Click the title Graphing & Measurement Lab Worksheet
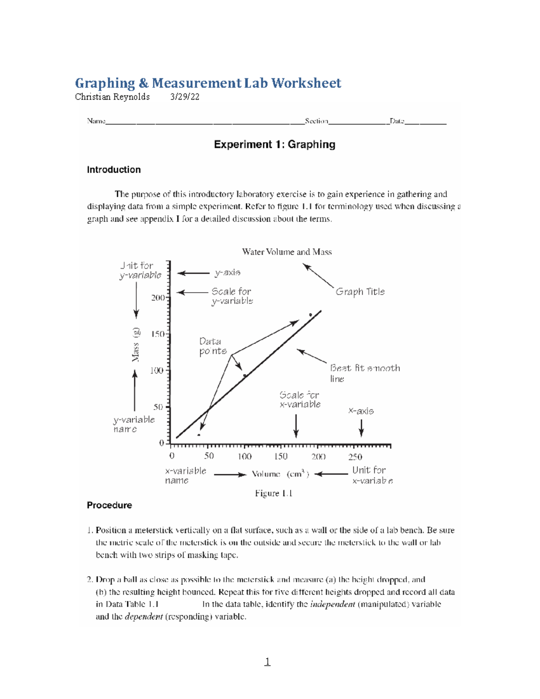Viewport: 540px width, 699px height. (208, 83)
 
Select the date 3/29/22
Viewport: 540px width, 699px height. (184, 97)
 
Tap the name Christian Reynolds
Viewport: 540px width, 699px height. (112, 97)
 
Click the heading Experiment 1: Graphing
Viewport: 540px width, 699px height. (274, 144)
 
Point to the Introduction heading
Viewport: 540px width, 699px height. (114, 170)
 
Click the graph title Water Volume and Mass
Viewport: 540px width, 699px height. (287, 252)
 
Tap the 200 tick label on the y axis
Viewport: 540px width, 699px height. (157, 298)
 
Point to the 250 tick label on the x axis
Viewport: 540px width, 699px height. (355, 457)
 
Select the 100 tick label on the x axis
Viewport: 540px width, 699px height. (244, 456)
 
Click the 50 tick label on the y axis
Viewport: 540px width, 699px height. (158, 407)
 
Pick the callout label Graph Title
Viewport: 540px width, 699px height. (360, 292)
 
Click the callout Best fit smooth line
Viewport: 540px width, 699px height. (364, 373)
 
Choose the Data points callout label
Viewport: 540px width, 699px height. (213, 346)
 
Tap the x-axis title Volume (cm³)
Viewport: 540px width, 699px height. (280, 474)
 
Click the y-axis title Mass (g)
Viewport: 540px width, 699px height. (135, 345)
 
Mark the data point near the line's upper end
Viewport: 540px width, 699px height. (310, 315)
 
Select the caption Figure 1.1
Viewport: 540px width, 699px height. (274, 493)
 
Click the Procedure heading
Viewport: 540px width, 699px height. (109, 505)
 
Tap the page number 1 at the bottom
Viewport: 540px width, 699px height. (267, 661)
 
